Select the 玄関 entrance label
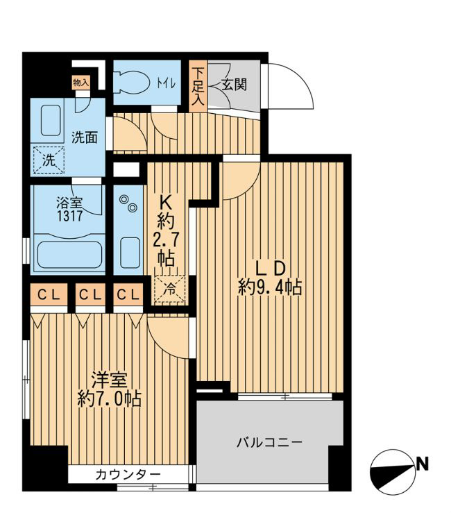click(234, 85)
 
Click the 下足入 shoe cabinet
click(198, 85)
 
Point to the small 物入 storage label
click(81, 82)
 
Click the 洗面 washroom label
click(85, 137)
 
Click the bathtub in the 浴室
click(69, 253)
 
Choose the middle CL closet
click(89, 294)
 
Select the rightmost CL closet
click(128, 294)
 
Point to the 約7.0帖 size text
click(109, 398)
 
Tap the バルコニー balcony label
click(269, 442)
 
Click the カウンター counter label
click(128, 475)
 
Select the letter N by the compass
click(420, 464)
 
